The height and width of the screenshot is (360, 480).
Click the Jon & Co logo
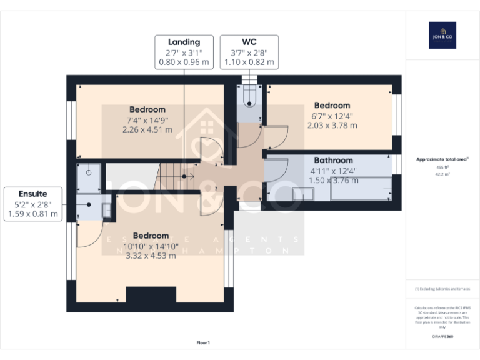(x=442, y=35)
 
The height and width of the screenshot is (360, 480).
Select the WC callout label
(x=249, y=52)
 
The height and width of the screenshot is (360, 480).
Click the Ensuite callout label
(x=32, y=204)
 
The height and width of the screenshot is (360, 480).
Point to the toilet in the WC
(x=249, y=99)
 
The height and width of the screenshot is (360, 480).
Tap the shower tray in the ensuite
(x=88, y=177)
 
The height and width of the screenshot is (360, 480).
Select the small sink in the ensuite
(x=106, y=209)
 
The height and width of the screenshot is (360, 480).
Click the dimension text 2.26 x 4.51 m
(x=147, y=130)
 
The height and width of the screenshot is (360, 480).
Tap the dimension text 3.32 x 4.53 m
(x=151, y=256)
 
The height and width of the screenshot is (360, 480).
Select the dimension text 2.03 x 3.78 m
(x=332, y=125)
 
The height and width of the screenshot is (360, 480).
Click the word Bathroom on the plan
(x=333, y=160)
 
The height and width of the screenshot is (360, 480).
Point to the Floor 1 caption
(x=203, y=342)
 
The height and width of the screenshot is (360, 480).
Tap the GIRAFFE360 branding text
(x=442, y=336)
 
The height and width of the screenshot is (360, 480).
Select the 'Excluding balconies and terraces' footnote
(x=442, y=289)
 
